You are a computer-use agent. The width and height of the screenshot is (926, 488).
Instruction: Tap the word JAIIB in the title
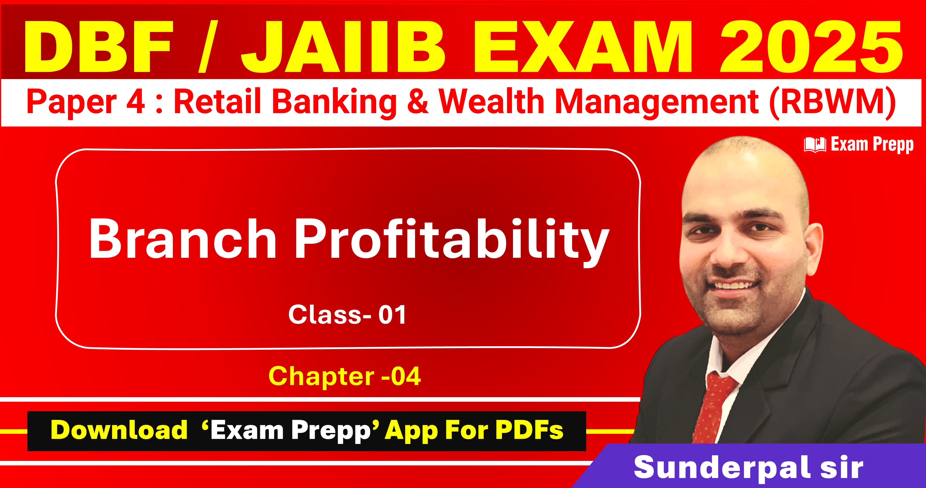click(x=339, y=47)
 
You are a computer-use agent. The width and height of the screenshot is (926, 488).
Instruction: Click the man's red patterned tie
click(x=711, y=406)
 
